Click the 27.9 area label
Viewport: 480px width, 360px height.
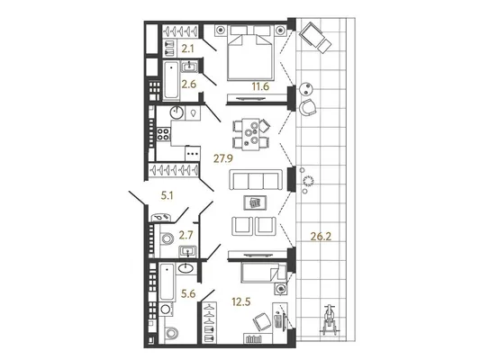(x=223, y=158)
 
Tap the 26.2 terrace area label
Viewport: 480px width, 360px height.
(x=321, y=236)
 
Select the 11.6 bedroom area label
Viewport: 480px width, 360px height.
(x=260, y=86)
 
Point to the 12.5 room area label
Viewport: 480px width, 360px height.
(x=241, y=301)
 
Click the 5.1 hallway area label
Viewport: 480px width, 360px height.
(x=168, y=195)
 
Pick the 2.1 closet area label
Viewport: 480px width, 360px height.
(x=187, y=49)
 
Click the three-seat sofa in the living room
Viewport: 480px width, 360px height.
(x=256, y=180)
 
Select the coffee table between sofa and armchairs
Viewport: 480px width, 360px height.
(x=255, y=202)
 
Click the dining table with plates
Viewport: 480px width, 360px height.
(x=250, y=134)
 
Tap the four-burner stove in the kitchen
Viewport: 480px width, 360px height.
(x=163, y=134)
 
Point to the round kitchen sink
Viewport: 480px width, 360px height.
(x=177, y=112)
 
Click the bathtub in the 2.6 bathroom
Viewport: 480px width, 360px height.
(x=171, y=80)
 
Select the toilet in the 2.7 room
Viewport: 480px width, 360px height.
(x=167, y=238)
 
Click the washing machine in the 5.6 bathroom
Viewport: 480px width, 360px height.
(x=166, y=310)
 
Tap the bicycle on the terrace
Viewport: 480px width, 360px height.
(x=329, y=319)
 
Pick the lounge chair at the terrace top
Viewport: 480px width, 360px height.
(x=315, y=38)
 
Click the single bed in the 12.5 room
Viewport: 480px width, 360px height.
(x=264, y=273)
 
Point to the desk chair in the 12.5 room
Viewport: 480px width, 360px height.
(x=262, y=322)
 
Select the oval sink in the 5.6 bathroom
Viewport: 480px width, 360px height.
(x=186, y=268)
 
